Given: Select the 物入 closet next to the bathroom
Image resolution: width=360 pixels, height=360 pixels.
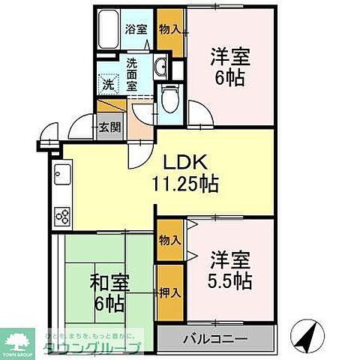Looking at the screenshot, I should coord(170,30).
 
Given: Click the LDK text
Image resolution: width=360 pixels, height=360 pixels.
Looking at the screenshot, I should coord(186,162).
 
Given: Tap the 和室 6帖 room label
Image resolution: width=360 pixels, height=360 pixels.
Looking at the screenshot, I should coord(109,292).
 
